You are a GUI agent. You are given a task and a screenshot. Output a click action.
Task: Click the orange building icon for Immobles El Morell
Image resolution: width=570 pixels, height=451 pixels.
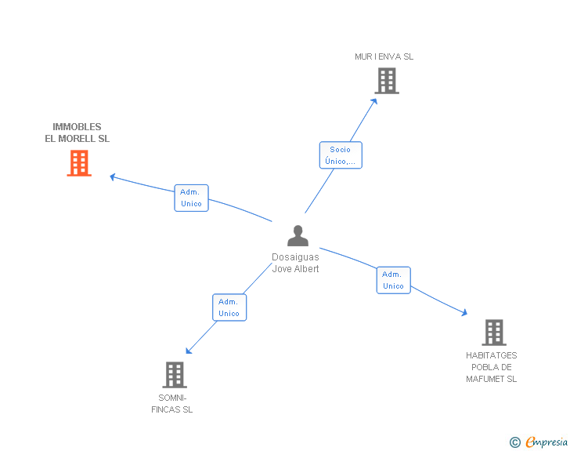[79, 163]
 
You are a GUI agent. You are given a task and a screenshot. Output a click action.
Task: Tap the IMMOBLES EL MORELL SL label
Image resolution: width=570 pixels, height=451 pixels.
[78, 133]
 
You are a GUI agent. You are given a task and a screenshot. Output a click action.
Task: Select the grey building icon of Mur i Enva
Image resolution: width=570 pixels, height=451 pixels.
[386, 81]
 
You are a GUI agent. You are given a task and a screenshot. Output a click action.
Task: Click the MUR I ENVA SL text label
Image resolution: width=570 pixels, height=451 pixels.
[384, 56]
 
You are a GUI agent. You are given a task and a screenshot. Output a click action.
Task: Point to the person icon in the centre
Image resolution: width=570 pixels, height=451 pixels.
[298, 236]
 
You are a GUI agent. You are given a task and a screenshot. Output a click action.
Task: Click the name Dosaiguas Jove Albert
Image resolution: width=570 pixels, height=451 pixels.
[295, 263]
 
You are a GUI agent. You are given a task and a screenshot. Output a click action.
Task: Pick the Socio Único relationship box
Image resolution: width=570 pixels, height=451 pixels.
[341, 155]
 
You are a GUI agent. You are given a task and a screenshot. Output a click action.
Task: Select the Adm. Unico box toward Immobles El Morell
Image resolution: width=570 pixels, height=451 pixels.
[191, 198]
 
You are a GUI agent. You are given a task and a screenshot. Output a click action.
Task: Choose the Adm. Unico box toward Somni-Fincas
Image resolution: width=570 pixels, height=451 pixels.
[229, 307]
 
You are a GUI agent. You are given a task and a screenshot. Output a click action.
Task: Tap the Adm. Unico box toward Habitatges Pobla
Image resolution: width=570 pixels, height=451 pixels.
[393, 280]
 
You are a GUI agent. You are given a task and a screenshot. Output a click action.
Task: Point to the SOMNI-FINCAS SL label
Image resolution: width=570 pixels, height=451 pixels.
[172, 403]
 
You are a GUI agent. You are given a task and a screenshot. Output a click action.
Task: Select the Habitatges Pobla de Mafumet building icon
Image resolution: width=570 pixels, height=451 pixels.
[493, 333]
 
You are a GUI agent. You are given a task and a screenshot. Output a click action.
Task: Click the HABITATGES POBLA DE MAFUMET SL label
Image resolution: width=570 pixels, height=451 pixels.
[492, 367]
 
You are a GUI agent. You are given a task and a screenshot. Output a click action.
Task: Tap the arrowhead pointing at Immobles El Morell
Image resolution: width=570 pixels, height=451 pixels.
[113, 176]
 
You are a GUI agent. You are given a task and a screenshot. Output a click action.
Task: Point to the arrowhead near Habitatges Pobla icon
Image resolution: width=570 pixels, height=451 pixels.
[464, 312]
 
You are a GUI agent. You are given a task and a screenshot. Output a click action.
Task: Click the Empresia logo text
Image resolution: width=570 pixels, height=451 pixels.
[547, 442]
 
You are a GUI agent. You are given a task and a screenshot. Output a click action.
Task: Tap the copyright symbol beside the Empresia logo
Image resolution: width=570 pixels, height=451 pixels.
[515, 443]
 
